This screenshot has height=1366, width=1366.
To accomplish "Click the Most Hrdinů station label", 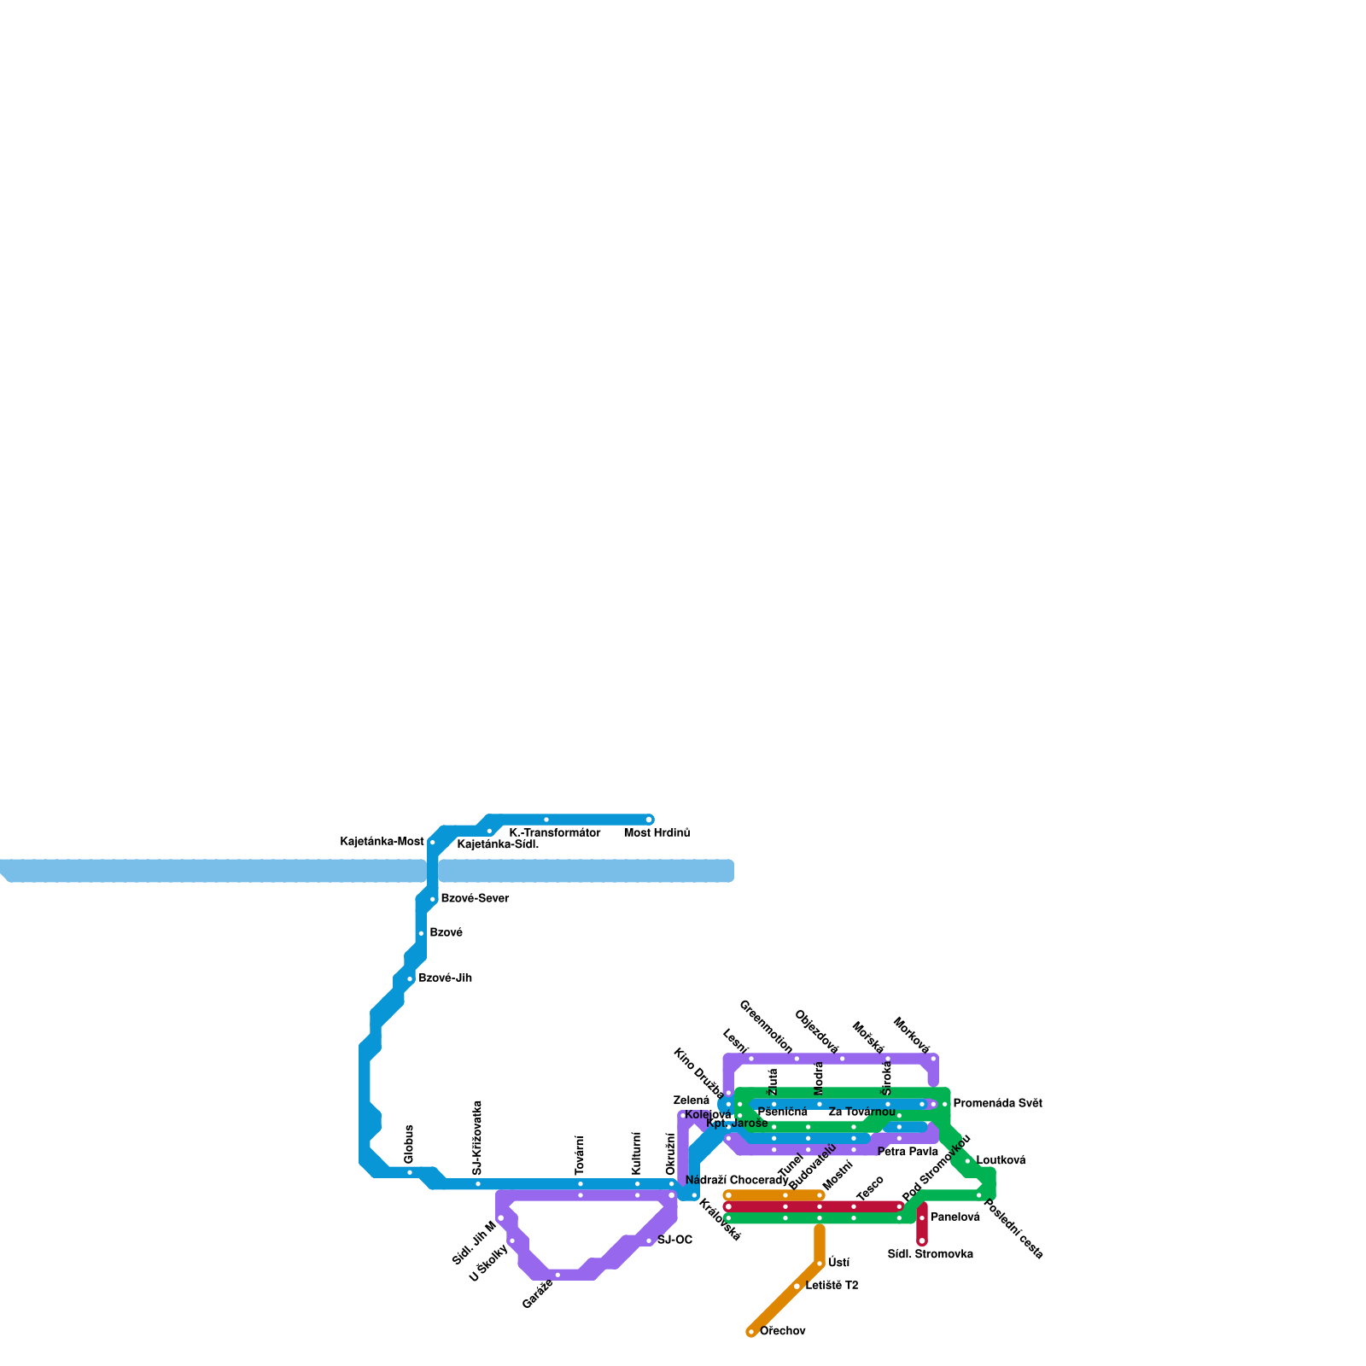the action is [657, 833].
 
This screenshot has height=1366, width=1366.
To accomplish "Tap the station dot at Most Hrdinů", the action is [649, 820].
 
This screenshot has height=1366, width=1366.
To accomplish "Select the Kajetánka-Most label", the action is [382, 842].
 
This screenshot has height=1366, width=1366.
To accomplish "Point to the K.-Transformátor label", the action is [554, 833].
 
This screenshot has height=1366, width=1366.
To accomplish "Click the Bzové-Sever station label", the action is [474, 899].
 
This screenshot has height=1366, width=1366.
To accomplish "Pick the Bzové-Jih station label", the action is [445, 978].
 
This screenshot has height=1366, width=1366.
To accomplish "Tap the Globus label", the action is [409, 1144].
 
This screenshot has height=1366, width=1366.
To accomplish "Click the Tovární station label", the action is [580, 1155].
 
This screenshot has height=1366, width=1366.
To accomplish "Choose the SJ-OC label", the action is [674, 1240].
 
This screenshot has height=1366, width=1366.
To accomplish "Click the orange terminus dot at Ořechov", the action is [751, 1332].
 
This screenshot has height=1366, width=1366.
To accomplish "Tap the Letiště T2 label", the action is [832, 1286].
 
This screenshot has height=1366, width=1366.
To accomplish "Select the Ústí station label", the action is [838, 1263].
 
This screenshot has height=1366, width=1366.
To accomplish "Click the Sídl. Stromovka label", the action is [930, 1255].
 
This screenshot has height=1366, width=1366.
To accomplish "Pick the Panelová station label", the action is [954, 1217].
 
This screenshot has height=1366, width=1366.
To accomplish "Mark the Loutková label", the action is [1001, 1161].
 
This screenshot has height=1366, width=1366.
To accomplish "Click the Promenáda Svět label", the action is [997, 1104].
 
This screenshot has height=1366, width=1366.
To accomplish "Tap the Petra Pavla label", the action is [908, 1153].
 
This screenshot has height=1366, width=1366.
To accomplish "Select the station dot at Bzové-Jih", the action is [410, 979].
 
